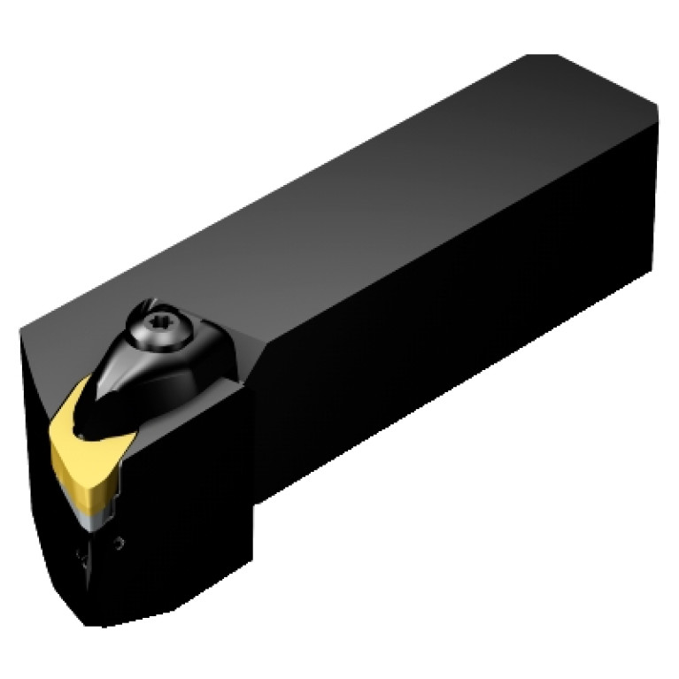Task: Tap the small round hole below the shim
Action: [120, 542]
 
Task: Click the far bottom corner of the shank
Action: [653, 269]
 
